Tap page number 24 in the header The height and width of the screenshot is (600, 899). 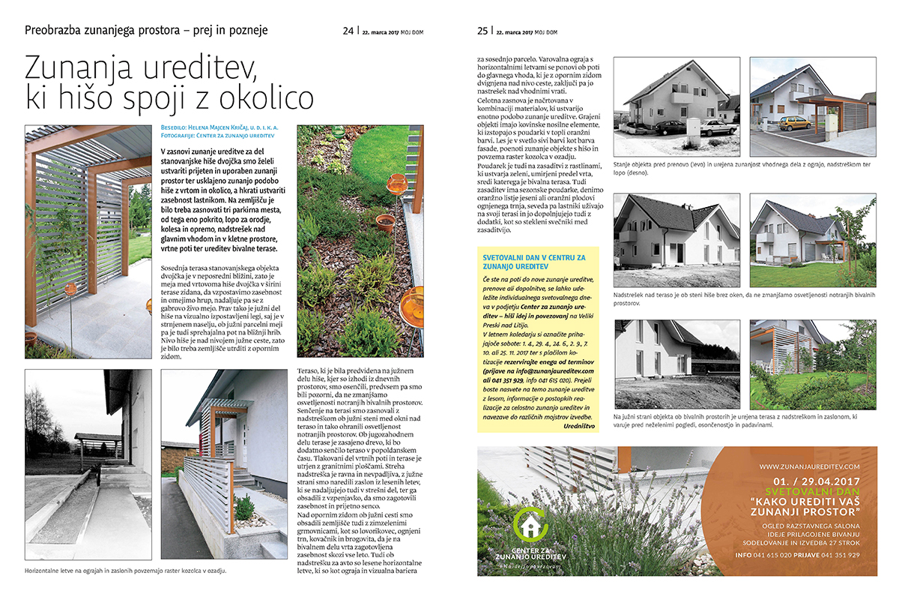tap(348, 31)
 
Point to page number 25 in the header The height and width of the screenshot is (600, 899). tap(483, 31)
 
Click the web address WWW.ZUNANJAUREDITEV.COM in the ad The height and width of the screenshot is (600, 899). tap(808, 466)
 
